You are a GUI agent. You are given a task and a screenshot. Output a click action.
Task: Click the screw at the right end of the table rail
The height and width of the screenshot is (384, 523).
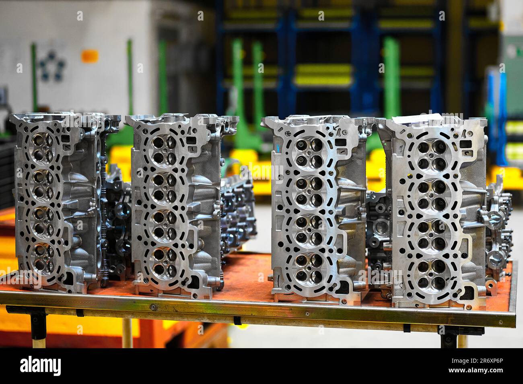tap(500, 322)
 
